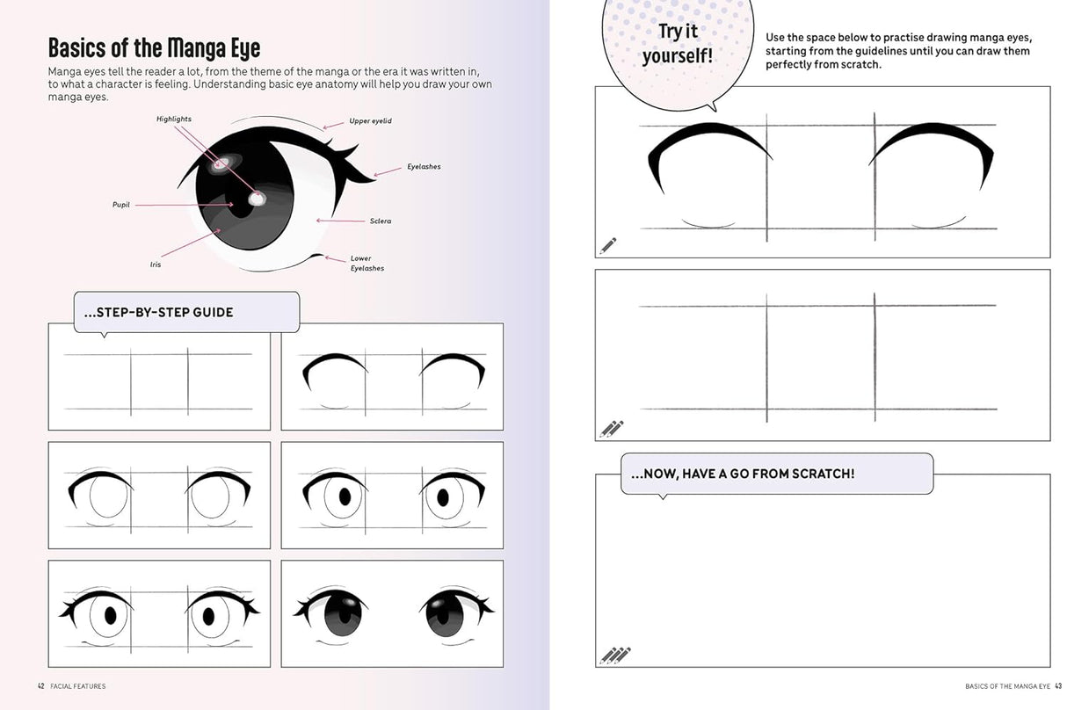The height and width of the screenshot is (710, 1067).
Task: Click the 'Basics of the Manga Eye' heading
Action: pos(154,47)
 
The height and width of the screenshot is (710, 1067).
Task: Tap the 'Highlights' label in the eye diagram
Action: pos(174,119)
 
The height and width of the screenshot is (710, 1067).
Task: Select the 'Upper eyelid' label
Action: pos(372,120)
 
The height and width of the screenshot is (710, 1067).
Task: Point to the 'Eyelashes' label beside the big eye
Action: pos(424,167)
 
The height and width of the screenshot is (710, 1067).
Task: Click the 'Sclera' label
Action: pos(381,221)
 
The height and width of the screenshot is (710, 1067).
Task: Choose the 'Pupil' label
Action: pos(121,205)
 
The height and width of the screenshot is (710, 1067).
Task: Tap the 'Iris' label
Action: pos(156,264)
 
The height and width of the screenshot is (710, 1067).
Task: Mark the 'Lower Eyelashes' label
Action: pos(367,263)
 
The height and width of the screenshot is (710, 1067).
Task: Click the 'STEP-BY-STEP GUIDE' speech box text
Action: pos(158,312)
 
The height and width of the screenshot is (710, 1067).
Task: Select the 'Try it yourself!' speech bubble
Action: pos(677,44)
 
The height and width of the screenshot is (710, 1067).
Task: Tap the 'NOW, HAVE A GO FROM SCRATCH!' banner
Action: pos(742,474)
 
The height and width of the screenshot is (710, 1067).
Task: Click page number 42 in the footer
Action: pos(41,685)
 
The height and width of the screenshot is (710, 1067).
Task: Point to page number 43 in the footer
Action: pos(1058,685)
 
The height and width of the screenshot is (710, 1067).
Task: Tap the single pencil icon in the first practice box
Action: pos(608,245)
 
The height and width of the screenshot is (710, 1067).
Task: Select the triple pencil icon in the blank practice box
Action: pos(615,656)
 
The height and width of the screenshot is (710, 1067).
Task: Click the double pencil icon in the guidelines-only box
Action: pos(611,429)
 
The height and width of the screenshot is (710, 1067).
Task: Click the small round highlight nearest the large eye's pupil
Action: pos(257,199)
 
